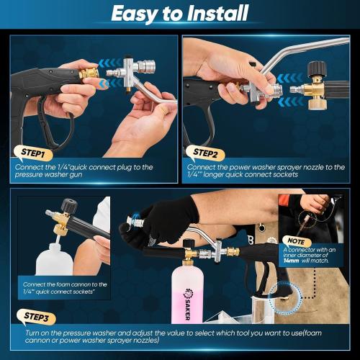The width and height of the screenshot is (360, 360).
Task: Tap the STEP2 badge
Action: point(210,153)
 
